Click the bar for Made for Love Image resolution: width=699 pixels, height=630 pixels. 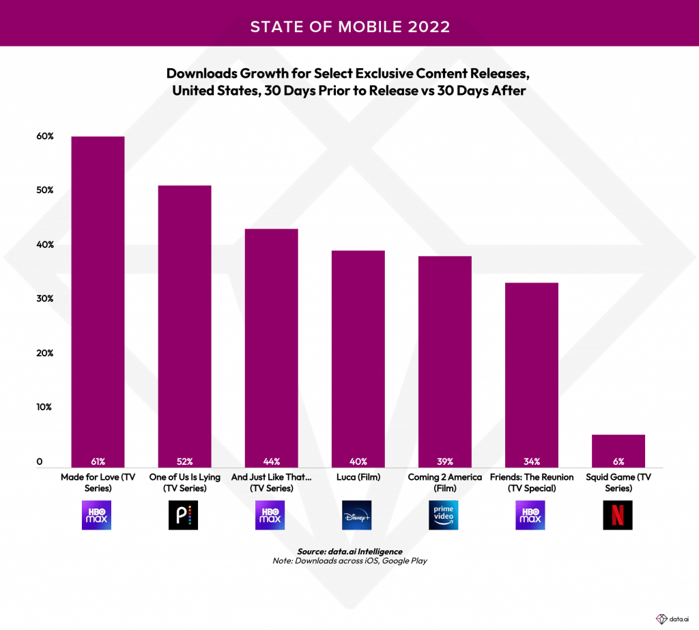coord(98,300)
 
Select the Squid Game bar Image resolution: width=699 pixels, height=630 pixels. coord(618,450)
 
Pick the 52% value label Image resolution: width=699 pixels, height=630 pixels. coord(184,461)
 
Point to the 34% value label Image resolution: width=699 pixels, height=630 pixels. coord(532,461)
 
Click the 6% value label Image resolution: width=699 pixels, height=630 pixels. coord(618,461)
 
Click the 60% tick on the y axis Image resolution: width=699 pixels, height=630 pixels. coord(45,137)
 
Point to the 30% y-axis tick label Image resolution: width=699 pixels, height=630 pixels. coord(45,299)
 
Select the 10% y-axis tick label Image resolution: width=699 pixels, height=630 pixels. coord(45,407)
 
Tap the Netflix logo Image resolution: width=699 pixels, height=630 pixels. coord(618,515)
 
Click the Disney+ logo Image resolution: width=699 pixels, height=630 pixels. coord(358,515)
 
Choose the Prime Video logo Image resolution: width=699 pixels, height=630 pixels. coord(444,515)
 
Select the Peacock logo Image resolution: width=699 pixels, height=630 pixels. coord(184,515)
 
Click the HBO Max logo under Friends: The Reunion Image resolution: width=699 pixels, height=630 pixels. coord(531,515)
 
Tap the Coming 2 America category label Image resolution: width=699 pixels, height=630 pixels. coord(444,482)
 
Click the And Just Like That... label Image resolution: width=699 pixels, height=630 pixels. coord(271,482)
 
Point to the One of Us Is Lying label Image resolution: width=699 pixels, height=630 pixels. coord(184,482)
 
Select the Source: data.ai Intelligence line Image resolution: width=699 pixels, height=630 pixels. coord(349,551)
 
